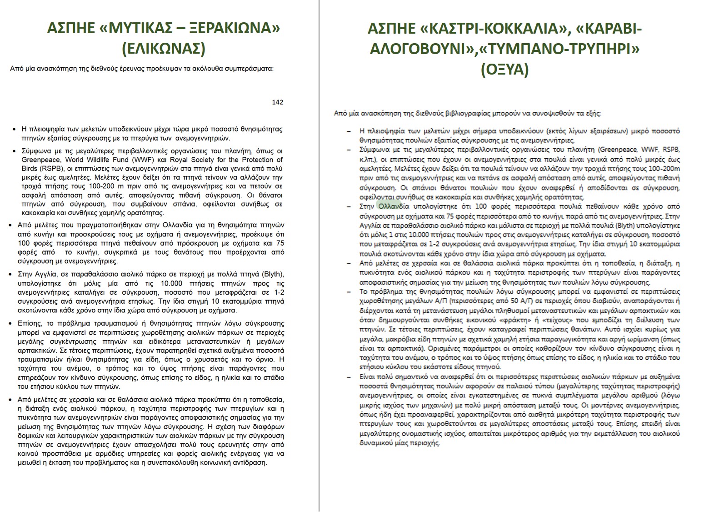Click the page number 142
click(x=277, y=102)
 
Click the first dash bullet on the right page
click(x=349, y=131)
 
